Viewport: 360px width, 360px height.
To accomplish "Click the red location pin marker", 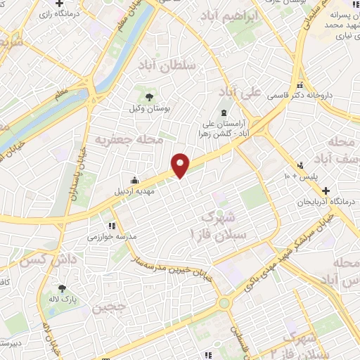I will tap(181, 165).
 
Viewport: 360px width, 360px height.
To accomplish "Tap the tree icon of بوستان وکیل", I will tap(148, 97).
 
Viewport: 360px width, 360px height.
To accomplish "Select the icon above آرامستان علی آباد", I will tap(224, 112).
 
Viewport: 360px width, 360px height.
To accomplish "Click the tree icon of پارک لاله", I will tap(62, 288).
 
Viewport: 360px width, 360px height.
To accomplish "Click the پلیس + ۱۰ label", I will tap(302, 174).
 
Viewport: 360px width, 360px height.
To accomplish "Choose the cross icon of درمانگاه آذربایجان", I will tap(325, 191).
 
